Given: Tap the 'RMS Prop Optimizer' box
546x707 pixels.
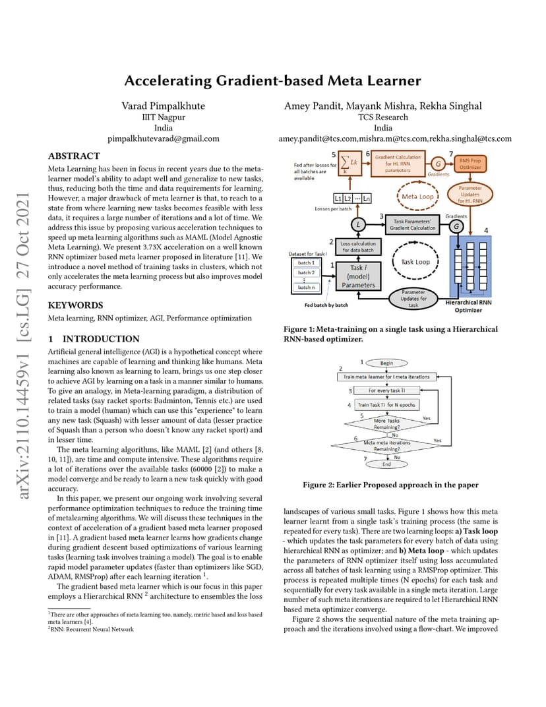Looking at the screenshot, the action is [x=470, y=164].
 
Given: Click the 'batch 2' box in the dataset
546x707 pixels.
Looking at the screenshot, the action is [x=306, y=273].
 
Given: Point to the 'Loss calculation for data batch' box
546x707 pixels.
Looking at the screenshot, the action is [x=358, y=247].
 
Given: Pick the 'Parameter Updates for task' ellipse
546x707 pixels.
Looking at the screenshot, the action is [x=413, y=299].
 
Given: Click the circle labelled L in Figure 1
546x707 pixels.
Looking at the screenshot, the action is [x=358, y=224].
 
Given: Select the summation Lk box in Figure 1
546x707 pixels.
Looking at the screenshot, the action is [x=350, y=163].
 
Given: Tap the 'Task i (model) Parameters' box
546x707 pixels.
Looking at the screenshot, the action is [x=358, y=276].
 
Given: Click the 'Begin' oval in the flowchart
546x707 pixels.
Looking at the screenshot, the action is [x=386, y=363].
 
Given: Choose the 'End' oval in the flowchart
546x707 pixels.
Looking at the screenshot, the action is [x=386, y=464].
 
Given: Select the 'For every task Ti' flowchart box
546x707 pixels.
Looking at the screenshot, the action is [x=386, y=390].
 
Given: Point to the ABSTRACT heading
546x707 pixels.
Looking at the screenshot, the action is [x=74, y=156].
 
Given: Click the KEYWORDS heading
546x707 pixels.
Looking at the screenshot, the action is [x=75, y=305].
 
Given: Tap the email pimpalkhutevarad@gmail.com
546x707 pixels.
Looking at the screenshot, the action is [x=164, y=139].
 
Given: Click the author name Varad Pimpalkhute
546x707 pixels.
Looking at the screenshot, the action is [x=164, y=106].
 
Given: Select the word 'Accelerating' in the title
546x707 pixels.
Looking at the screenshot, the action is [x=168, y=81].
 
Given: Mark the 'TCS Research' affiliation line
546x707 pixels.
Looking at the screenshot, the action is [x=382, y=117].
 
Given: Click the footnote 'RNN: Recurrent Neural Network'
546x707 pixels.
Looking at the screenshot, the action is [x=92, y=629].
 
